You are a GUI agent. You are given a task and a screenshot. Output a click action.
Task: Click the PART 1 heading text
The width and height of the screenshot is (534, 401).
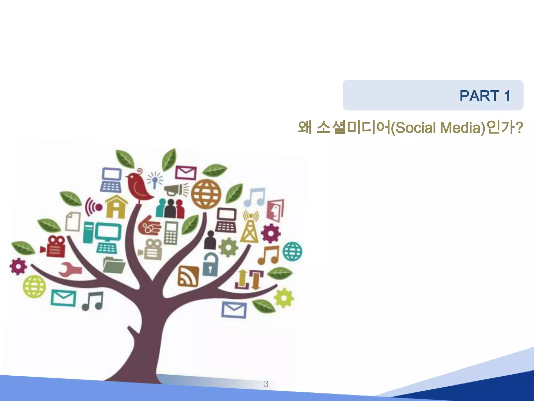click(x=484, y=96)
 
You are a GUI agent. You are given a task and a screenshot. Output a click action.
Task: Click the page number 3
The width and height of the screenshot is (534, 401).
click(x=266, y=384)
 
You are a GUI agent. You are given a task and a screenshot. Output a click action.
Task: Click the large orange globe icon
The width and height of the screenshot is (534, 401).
click(x=206, y=194)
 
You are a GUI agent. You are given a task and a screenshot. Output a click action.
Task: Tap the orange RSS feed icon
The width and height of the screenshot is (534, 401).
click(x=188, y=276)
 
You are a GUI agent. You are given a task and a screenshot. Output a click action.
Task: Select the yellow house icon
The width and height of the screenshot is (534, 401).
click(x=116, y=207)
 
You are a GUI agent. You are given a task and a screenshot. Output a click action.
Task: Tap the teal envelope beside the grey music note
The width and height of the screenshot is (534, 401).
click(x=63, y=298)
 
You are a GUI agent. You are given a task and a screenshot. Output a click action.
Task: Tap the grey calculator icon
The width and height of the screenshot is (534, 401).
click(x=171, y=233)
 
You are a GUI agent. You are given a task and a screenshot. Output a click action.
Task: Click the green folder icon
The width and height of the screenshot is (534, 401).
click(x=113, y=265)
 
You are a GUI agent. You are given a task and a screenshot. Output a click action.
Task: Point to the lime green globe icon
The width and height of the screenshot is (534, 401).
click(x=34, y=286)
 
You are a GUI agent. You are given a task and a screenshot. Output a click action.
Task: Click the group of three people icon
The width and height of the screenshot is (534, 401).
click(x=170, y=209)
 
